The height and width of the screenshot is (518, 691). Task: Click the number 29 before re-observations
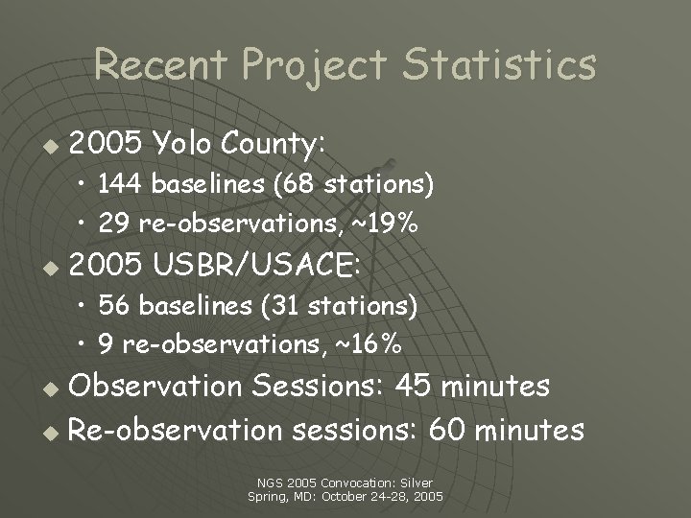(x=114, y=224)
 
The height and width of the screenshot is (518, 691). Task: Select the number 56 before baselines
(x=114, y=305)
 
